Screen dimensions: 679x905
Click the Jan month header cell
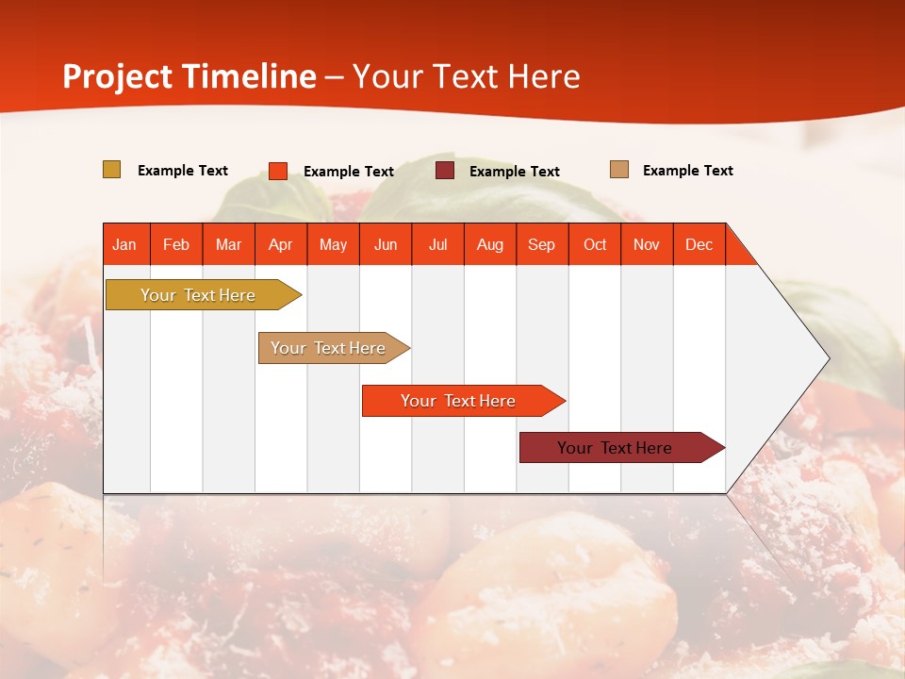125,244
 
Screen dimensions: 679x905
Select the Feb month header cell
176,244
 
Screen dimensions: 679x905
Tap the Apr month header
280,244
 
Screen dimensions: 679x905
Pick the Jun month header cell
386,244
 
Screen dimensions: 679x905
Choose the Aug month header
490,244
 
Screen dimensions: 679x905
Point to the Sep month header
542,244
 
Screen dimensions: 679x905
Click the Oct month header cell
595,244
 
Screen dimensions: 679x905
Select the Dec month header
699,244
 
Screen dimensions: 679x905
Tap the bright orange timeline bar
459,401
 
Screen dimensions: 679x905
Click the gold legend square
111,170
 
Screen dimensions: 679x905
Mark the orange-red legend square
278,171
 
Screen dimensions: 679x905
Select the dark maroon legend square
445,171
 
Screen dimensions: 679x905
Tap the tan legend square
618,170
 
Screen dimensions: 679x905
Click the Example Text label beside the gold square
183,171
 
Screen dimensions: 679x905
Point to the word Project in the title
118,76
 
